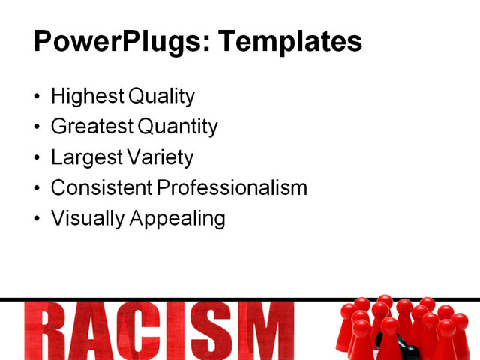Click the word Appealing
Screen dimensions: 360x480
click(178, 218)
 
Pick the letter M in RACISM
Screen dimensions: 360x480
click(259, 331)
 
